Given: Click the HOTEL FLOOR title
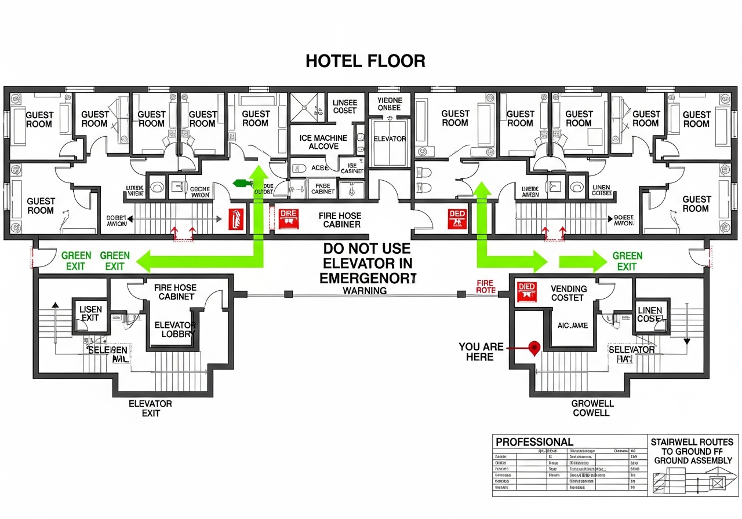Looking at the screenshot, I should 365,61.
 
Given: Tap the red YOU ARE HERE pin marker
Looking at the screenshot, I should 534,347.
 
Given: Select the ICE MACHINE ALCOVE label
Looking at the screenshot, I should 323,142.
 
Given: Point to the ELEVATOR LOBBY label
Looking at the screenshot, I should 175,330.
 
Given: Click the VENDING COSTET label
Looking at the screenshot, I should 569,293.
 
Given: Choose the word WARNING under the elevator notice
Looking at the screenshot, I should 365,291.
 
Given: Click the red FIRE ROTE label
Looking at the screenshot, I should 485,286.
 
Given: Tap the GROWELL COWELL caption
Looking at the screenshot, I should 592,408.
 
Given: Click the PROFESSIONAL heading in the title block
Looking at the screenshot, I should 534,442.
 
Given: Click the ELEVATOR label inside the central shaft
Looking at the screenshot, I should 390,139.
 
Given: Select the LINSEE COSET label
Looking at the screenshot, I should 345,107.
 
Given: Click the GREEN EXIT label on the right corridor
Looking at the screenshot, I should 627,261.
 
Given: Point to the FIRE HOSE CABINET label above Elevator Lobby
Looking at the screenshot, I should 174,292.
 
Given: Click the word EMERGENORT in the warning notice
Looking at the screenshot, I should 368,278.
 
